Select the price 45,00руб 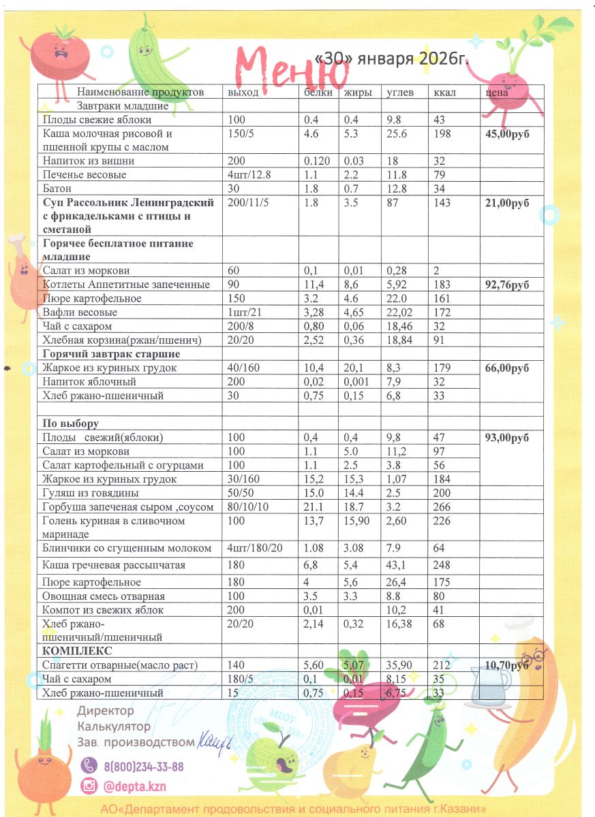coord(507,133)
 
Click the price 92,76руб coord(507,285)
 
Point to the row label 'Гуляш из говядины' coord(91,493)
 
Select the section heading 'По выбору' coord(71,423)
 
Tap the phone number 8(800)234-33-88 coord(144,767)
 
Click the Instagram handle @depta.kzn coord(135,786)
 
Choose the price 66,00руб coord(507,368)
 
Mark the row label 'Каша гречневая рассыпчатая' coord(113,565)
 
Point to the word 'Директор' coord(106,710)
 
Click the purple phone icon coord(89,767)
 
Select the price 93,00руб coord(507,437)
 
